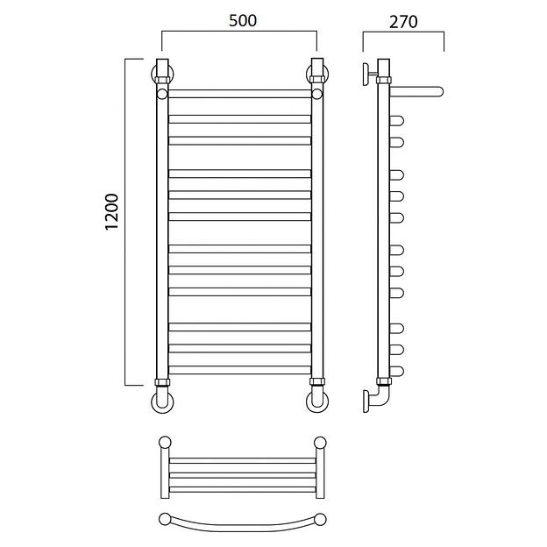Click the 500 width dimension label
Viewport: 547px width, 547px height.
click(x=243, y=20)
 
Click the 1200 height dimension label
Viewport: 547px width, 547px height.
click(x=112, y=211)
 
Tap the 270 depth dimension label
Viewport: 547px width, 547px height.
click(x=403, y=22)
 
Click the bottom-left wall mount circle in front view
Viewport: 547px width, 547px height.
click(x=162, y=401)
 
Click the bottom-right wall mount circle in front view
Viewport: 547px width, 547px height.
click(x=317, y=401)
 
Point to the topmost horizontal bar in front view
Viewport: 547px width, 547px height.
click(x=239, y=94)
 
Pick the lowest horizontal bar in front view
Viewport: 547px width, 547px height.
click(x=239, y=370)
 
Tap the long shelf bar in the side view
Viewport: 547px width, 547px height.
click(x=416, y=91)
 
